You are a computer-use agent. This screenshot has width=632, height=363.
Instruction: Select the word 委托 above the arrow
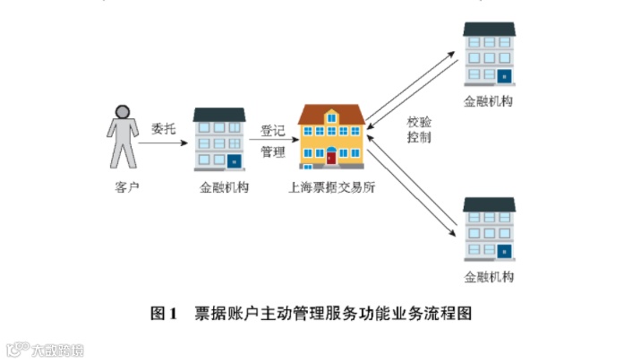coord(164,128)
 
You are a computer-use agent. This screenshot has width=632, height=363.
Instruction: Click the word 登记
coord(272,130)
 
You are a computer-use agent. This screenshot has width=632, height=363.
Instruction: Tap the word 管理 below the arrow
coord(272,152)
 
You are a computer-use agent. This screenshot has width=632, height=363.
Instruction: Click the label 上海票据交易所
coord(331,188)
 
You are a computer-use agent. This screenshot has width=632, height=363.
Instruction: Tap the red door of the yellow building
coord(331,158)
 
